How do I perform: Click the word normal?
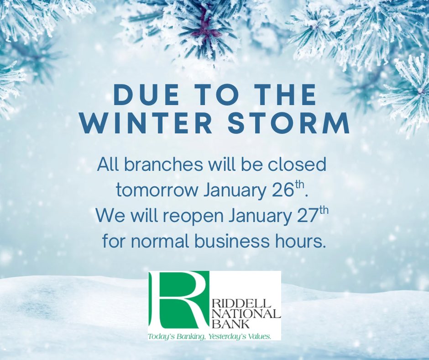[x=158, y=242]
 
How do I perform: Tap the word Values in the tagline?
[x=260, y=336]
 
